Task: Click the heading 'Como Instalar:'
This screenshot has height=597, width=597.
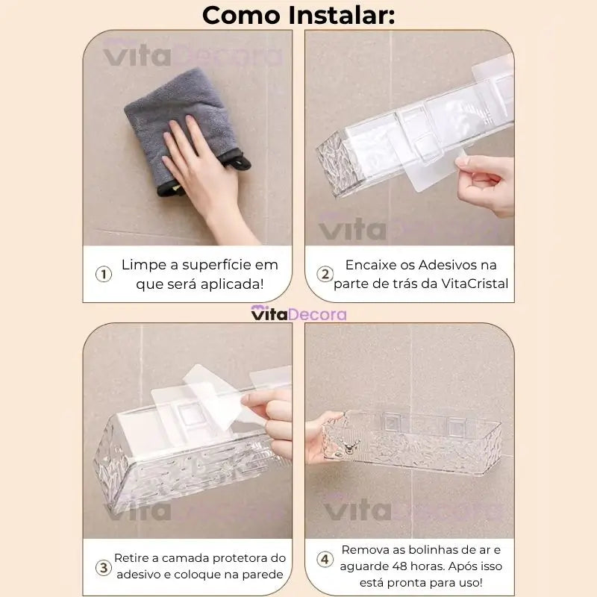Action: pyautogui.click(x=298, y=14)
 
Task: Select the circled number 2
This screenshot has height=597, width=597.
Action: pyautogui.click(x=325, y=274)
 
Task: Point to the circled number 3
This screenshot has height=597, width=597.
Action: pyautogui.click(x=104, y=566)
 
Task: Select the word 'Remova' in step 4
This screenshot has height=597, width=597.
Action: pyautogui.click(x=365, y=549)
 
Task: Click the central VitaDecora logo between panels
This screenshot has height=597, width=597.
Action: pyautogui.click(x=298, y=314)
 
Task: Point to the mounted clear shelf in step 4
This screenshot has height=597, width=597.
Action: pyautogui.click(x=418, y=448)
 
